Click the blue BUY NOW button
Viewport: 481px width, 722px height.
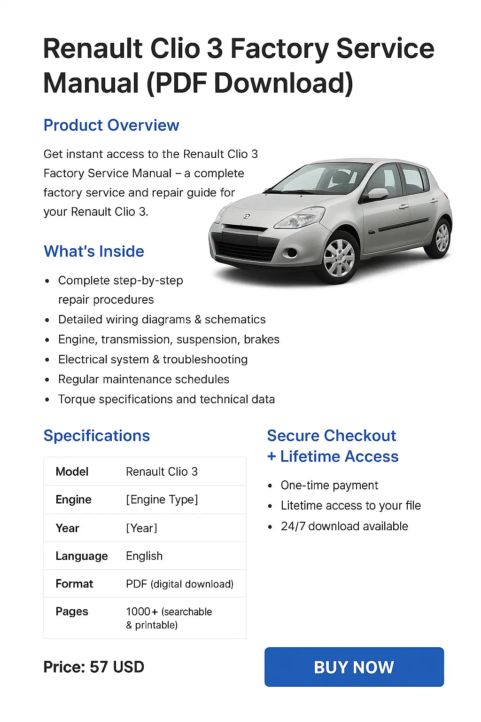(354, 667)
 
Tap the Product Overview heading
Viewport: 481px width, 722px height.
(111, 126)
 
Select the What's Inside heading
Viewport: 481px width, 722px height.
(94, 251)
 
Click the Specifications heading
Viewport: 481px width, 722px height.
(97, 436)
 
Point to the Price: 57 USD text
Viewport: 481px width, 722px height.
(94, 667)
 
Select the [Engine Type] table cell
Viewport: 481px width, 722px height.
(162, 500)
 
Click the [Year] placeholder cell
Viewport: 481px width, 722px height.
(141, 528)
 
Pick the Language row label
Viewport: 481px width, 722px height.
(82, 556)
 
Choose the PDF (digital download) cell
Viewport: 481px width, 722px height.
(179, 584)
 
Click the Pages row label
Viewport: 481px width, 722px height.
(72, 612)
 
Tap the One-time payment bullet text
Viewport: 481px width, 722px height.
(329, 486)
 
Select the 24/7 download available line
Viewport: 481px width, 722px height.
(344, 526)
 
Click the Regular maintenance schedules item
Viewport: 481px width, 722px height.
(144, 379)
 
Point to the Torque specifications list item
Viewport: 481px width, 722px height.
(166, 400)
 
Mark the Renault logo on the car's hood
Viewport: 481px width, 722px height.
(247, 216)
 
